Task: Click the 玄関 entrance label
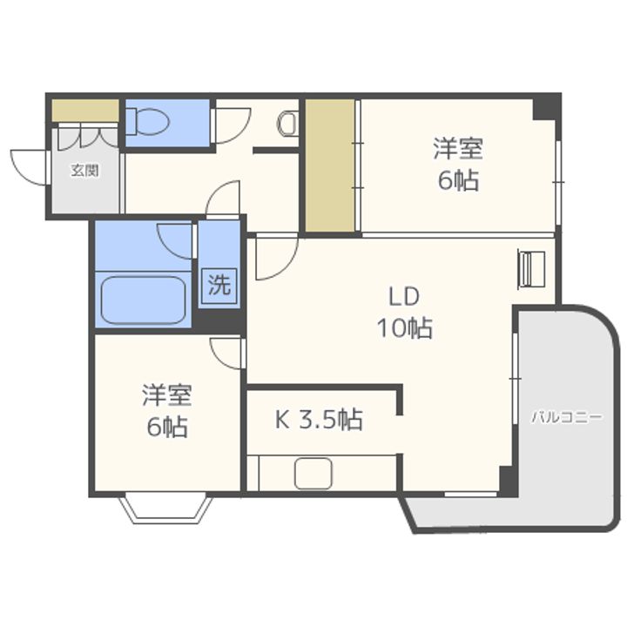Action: [84, 171]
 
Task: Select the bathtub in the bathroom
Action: [144, 300]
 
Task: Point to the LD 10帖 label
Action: [405, 312]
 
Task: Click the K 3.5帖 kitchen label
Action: [320, 421]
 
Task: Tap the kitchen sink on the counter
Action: [313, 474]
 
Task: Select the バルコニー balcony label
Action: [567, 417]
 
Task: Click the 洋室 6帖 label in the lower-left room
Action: [166, 411]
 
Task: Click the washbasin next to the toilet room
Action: [287, 125]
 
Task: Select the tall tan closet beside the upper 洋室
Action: [331, 165]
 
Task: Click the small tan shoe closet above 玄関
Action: [85, 111]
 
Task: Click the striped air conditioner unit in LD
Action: [531, 267]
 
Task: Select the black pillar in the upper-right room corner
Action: [546, 107]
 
